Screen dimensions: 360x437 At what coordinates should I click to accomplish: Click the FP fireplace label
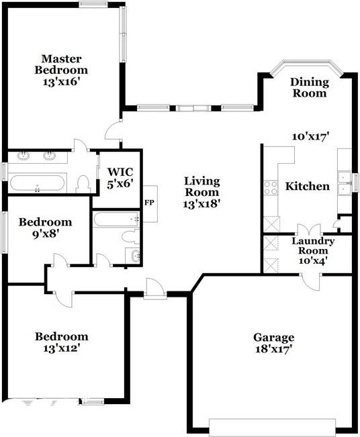coord(149,203)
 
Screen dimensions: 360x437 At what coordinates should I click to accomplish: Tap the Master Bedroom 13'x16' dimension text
coord(62,82)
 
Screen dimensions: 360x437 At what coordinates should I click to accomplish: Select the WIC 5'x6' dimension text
coord(120,184)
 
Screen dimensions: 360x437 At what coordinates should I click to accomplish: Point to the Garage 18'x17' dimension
coord(273,348)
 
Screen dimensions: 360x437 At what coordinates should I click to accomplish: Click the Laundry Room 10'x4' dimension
coord(312,260)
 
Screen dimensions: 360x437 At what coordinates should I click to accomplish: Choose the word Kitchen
coord(308,186)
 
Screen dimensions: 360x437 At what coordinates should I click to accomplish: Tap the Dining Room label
coord(310,87)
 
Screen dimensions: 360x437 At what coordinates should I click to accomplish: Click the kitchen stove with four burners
coord(271,187)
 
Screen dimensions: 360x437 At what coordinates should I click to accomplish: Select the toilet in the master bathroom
coord(83,184)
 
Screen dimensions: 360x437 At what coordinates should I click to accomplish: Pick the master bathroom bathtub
coord(38,183)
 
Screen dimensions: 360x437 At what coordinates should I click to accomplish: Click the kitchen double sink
coord(344,183)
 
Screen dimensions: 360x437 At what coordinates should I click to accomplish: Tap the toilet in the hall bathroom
coord(130,236)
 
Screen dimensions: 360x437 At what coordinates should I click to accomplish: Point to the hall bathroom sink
coord(134,255)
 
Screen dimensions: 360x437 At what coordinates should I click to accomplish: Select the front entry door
coord(155,290)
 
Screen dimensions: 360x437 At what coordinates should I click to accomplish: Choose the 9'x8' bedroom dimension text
coord(46,234)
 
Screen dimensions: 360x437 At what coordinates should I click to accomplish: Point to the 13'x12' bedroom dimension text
coord(62,348)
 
